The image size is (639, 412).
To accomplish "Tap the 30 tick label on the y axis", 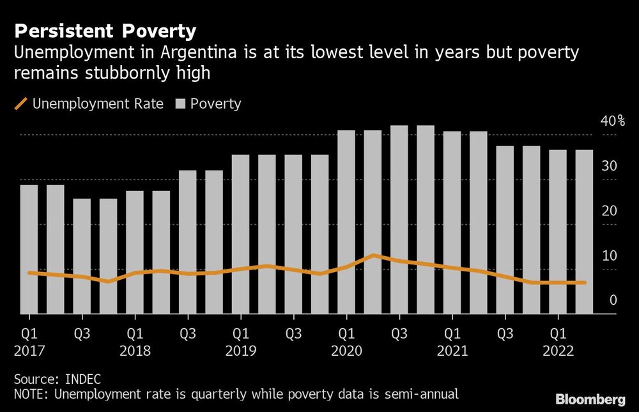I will [x=610, y=166].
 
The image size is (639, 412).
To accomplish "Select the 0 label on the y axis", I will [x=613, y=300].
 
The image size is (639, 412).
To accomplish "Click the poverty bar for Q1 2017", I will [x=29, y=249].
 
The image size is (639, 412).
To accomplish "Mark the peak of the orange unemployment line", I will [x=373, y=256].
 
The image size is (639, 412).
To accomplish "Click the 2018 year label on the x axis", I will [x=135, y=351].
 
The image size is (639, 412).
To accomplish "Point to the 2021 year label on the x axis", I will [x=452, y=351].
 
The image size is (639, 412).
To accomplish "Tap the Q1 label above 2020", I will [x=346, y=334].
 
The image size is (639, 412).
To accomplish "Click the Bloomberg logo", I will [x=590, y=400].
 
